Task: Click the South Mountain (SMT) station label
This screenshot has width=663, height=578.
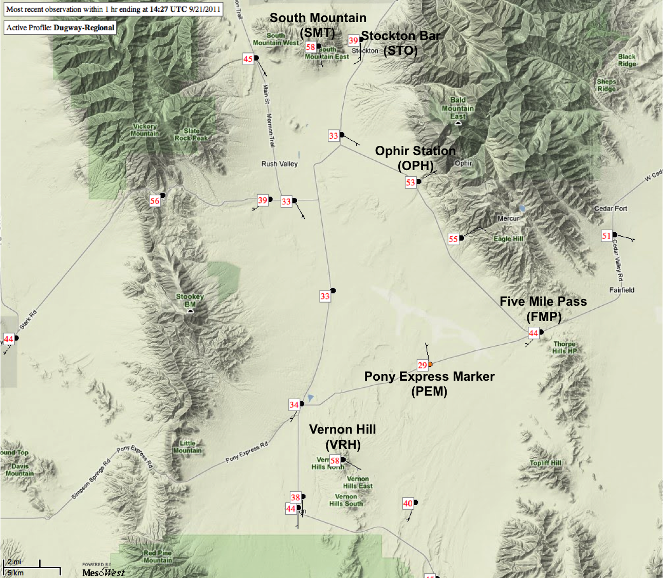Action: pyautogui.click(x=318, y=25)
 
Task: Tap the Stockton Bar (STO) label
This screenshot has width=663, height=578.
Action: pyautogui.click(x=400, y=43)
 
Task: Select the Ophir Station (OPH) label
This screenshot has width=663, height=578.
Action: pyautogui.click(x=415, y=158)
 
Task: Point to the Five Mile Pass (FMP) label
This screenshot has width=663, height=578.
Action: pyautogui.click(x=543, y=308)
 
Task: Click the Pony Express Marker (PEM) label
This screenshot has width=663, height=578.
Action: pyautogui.click(x=429, y=383)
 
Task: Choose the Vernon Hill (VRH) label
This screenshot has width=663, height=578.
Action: pyautogui.click(x=342, y=437)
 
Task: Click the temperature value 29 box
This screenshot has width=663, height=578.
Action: pyautogui.click(x=422, y=365)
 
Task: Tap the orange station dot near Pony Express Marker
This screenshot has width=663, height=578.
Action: pyautogui.click(x=430, y=364)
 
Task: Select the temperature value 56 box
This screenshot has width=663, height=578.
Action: pyautogui.click(x=155, y=201)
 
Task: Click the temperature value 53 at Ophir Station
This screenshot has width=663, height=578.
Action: pyautogui.click(x=410, y=182)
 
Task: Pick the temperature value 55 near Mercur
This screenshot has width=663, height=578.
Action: pyautogui.click(x=453, y=239)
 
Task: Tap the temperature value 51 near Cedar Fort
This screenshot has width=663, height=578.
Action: pyautogui.click(x=606, y=236)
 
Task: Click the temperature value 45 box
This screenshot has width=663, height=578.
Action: pyautogui.click(x=248, y=59)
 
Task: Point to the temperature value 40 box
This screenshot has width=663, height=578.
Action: pyautogui.click(x=408, y=504)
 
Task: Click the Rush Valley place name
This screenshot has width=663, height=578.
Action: pyautogui.click(x=279, y=164)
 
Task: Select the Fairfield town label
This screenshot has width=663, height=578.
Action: pyautogui.click(x=621, y=290)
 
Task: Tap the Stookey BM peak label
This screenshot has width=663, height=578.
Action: pyautogui.click(x=190, y=301)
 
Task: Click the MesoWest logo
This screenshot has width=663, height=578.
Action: pyautogui.click(x=103, y=571)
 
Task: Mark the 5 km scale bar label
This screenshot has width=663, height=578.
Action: pyautogui.click(x=15, y=572)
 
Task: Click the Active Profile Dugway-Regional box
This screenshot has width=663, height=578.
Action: pyautogui.click(x=60, y=28)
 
